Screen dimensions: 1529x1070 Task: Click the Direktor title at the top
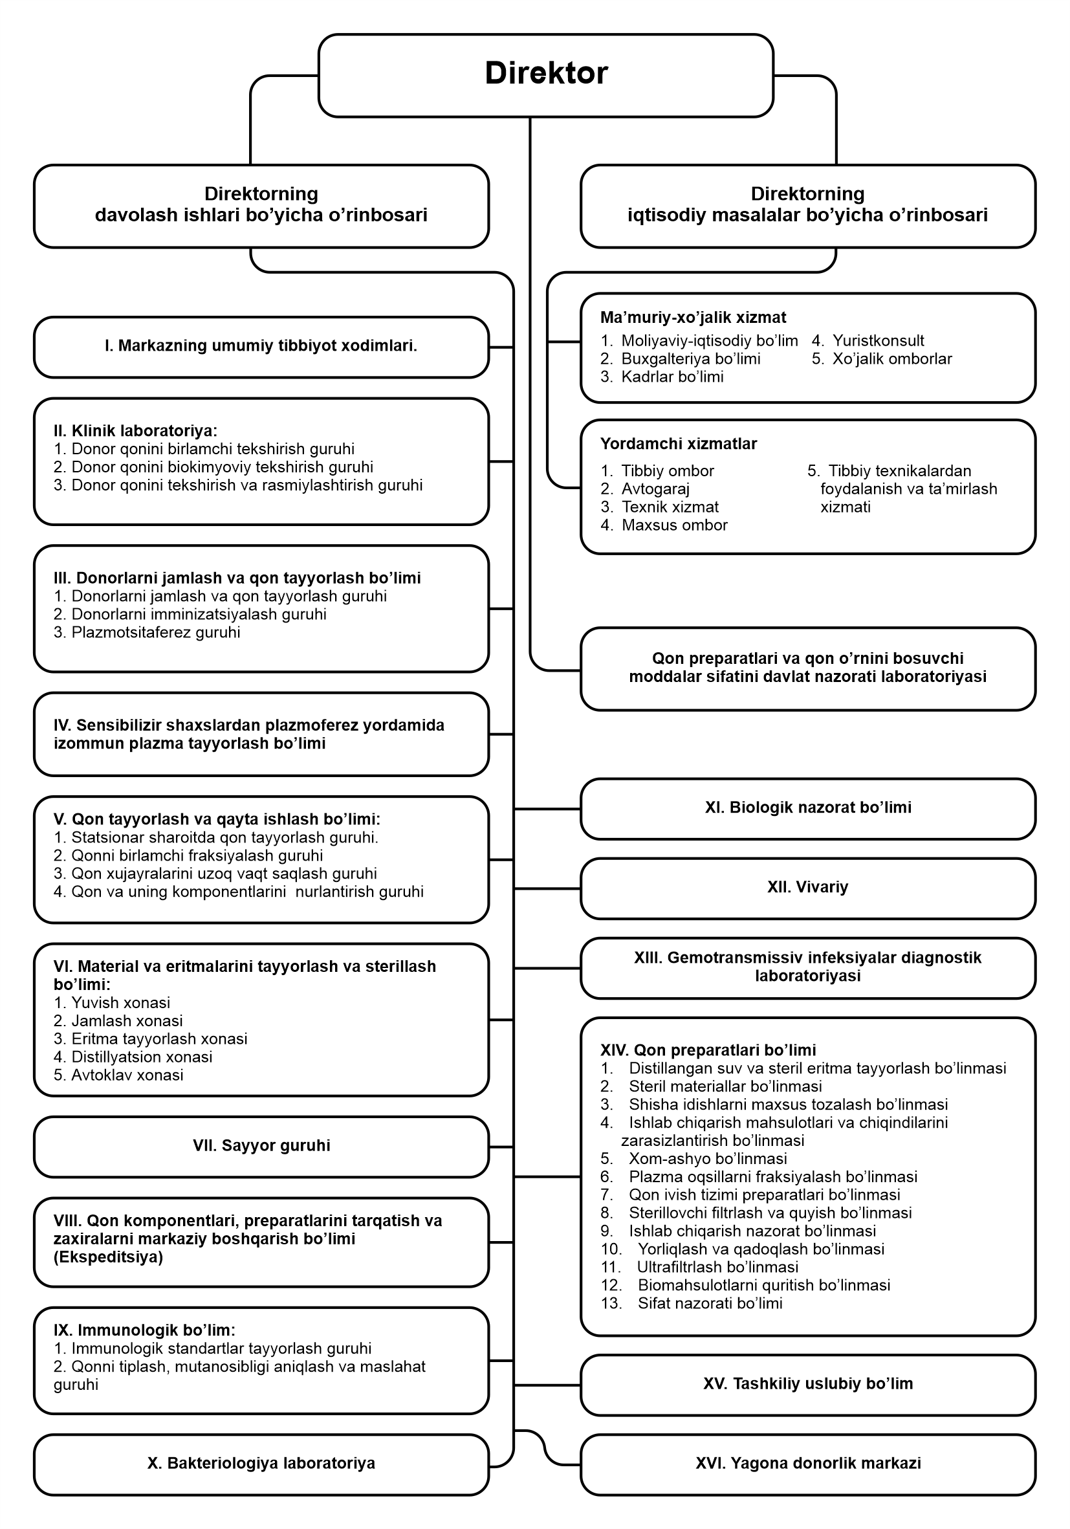pyautogui.click(x=546, y=73)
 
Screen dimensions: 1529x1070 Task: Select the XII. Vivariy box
pyautogui.click(x=807, y=887)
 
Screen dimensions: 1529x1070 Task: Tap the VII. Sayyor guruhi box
pyautogui.click(x=261, y=1145)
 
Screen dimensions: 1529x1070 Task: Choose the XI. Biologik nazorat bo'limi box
pyautogui.click(x=807, y=807)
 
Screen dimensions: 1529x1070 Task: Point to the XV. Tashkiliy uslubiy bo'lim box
pyautogui.click(x=807, y=1383)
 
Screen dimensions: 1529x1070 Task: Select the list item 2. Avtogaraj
pyautogui.click(x=645, y=489)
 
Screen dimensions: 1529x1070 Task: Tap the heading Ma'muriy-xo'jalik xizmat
pyautogui.click(x=693, y=318)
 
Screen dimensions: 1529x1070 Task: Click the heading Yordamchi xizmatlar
pyautogui.click(x=679, y=443)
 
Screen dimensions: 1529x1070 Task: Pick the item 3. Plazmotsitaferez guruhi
pyautogui.click(x=147, y=632)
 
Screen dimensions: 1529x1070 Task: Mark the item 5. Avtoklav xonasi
pyautogui.click(x=118, y=1075)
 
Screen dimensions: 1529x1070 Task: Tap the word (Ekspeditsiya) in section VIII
pyautogui.click(x=109, y=1257)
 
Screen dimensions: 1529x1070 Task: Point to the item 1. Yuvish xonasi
pyautogui.click(x=112, y=1002)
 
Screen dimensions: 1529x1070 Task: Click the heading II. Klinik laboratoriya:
pyautogui.click(x=135, y=431)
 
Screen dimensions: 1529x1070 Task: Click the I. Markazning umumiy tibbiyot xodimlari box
pyautogui.click(x=261, y=346)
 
